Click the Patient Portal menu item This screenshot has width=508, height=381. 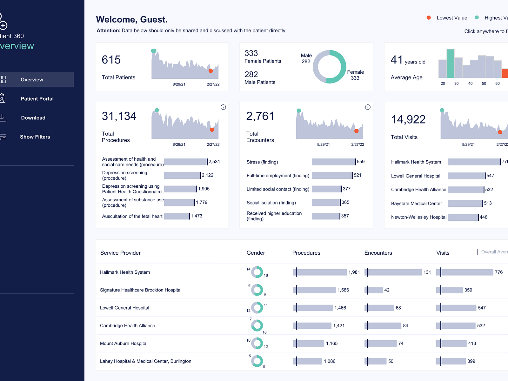click(37, 99)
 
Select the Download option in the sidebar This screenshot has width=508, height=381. click(33, 118)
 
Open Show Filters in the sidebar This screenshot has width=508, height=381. click(35, 137)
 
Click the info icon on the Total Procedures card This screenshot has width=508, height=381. click(223, 107)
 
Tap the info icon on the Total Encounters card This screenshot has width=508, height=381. click(368, 107)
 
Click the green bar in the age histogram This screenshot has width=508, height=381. click(450, 63)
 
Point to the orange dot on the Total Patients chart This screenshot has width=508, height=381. click(211, 71)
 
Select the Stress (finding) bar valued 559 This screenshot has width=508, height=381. click(333, 162)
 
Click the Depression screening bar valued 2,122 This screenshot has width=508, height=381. click(182, 175)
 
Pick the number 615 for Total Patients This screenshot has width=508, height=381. click(111, 60)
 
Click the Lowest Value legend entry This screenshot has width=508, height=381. click(451, 18)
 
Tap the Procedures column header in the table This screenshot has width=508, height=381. click(306, 253)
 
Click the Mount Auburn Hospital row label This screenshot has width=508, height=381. click(124, 344)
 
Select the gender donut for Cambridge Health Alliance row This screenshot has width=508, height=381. click(257, 325)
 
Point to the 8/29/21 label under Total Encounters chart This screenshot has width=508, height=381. click(323, 144)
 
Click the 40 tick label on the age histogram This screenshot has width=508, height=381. click(470, 84)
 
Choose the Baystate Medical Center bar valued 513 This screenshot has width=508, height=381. click(465, 203)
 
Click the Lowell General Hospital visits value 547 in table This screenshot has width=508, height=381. click(482, 308)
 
